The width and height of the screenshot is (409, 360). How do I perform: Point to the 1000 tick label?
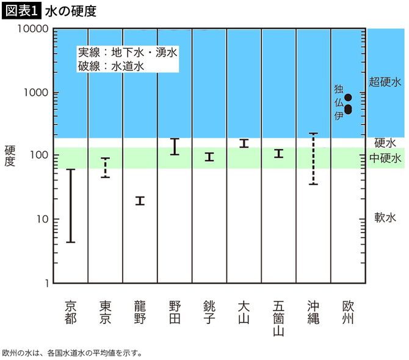coord(36,93)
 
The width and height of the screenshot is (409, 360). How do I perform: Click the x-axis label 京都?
coord(71,311)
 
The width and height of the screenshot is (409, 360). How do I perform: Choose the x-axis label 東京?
coord(105,311)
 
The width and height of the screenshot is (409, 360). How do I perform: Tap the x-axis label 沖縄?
coord(313,311)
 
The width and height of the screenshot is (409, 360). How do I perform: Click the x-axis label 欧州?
coord(348,311)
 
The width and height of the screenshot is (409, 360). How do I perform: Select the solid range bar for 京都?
coord(71,206)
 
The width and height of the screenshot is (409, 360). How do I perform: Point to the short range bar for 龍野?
coord(140,201)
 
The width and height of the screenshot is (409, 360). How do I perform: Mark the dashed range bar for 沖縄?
coord(313,158)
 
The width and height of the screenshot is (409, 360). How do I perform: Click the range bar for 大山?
coord(244,143)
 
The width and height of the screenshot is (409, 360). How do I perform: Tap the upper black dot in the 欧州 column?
coord(349,97)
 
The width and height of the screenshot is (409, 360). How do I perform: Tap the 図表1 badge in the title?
coord(21,12)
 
